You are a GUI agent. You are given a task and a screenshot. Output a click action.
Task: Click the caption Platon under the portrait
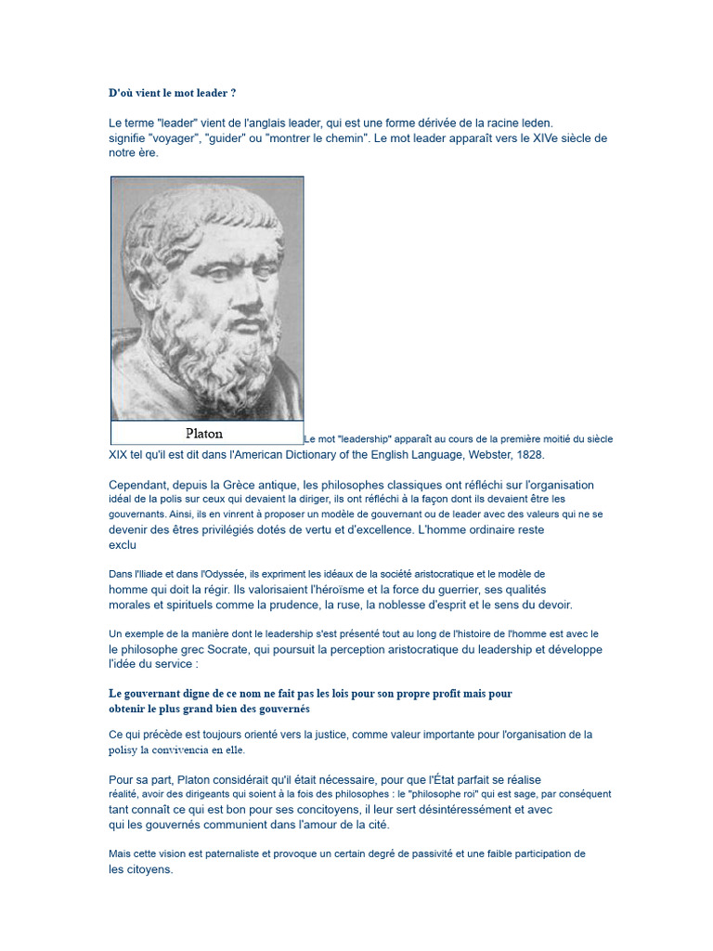(204, 433)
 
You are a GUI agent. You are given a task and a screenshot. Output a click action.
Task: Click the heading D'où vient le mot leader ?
(172, 94)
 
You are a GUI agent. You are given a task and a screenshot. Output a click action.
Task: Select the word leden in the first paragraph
(536, 123)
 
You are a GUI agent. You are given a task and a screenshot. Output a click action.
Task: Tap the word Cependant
(142, 485)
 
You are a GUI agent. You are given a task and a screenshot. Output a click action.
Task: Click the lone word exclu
(123, 545)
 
